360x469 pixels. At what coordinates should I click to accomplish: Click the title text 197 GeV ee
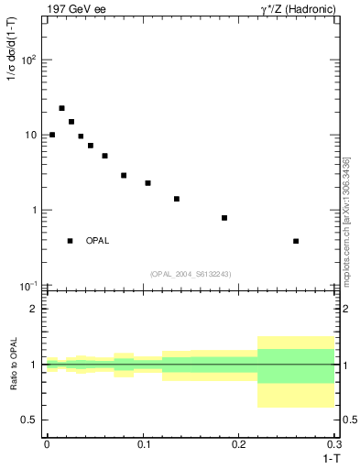pos(72,8)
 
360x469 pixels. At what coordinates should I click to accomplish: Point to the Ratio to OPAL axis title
pos(12,365)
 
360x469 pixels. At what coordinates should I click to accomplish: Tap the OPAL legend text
pos(97,241)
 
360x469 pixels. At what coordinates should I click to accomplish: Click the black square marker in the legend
pos(70,241)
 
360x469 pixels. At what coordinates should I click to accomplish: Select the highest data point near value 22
pos(61,108)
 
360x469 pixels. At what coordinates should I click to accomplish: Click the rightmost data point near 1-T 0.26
pos(296,241)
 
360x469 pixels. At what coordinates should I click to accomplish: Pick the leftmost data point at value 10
pos(52,135)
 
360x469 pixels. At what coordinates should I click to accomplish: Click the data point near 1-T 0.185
pos(224,218)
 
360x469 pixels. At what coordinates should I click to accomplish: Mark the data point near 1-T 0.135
pos(177,199)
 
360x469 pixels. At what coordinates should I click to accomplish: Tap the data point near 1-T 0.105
pos(147,183)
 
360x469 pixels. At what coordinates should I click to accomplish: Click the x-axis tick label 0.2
pos(239,443)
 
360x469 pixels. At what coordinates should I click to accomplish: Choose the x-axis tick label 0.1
pos(143,443)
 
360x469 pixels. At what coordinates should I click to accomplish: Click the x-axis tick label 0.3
pos(334,443)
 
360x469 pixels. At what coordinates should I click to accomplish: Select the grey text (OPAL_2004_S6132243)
pos(191,274)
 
